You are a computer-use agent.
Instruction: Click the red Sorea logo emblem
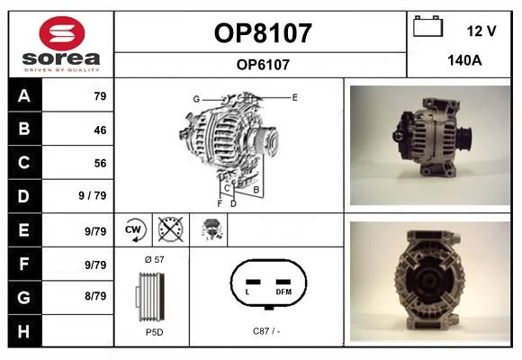[62, 33]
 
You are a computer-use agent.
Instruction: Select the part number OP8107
[263, 33]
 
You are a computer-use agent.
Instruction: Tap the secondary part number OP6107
[263, 65]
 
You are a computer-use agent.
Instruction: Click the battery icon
[427, 26]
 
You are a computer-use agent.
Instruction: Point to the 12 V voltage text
[481, 31]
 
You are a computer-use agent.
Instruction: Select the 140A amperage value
[464, 60]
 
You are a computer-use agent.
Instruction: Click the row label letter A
[24, 96]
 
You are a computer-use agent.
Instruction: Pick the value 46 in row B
[100, 130]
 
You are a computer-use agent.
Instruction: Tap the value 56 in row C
[100, 163]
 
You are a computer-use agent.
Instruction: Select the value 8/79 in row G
[95, 296]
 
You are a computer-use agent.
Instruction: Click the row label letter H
[24, 332]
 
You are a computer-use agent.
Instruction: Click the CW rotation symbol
[134, 229]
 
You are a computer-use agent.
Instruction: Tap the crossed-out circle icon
[171, 229]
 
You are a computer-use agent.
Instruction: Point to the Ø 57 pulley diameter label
[155, 259]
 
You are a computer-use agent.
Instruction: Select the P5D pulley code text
[155, 332]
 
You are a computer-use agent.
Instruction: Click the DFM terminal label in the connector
[283, 292]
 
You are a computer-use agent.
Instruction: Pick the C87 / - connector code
[266, 331]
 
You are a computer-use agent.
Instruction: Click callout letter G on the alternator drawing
[196, 99]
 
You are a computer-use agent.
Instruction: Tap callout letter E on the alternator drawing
[294, 97]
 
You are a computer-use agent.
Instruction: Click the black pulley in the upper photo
[463, 139]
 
